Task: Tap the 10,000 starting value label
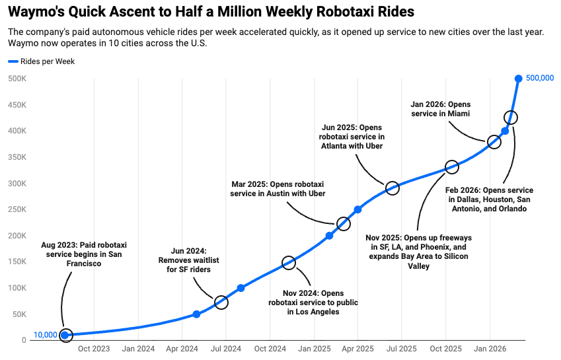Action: tap(45, 335)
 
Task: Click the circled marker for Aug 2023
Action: tap(65, 335)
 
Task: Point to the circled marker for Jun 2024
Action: tap(221, 303)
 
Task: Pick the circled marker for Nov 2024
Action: tap(288, 263)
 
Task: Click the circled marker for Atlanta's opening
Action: tap(392, 188)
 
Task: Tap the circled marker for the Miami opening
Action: tap(494, 142)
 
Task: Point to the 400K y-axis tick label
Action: tap(17, 131)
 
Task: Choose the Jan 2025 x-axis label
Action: tap(313, 348)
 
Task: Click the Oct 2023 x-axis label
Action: tap(94, 348)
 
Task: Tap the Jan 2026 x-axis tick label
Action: tap(489, 348)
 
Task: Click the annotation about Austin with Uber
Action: tap(278, 188)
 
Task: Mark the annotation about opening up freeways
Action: tap(419, 252)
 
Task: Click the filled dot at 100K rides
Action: tap(241, 288)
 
